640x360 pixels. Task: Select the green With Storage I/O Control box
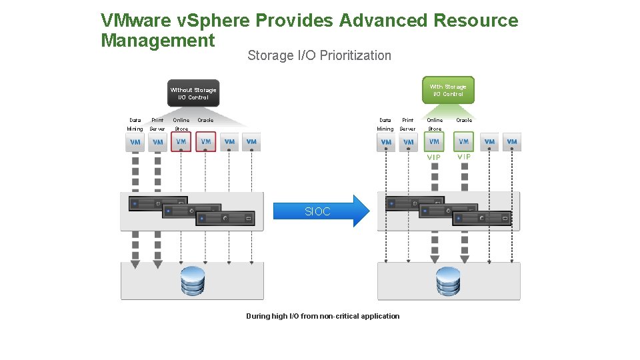pos(448,90)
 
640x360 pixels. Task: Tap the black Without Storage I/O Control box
pos(193,93)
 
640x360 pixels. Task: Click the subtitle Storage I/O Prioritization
pos(319,55)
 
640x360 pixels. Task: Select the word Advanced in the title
pos(383,21)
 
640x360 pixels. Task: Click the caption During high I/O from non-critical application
pos(323,316)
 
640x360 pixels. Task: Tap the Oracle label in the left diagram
pos(205,121)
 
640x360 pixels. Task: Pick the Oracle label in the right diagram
pos(464,121)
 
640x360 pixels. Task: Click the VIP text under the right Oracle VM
pos(464,157)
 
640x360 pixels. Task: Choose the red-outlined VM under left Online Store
pos(181,142)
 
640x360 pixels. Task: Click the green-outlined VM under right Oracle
pos(464,141)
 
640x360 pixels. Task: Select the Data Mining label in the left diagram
pos(135,125)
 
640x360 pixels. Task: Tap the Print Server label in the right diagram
pos(407,125)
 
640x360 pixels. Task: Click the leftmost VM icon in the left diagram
pos(135,142)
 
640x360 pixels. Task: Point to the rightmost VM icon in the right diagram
pos(512,141)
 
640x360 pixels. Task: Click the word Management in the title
pos(158,41)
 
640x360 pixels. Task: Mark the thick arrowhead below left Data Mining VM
pos(135,264)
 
